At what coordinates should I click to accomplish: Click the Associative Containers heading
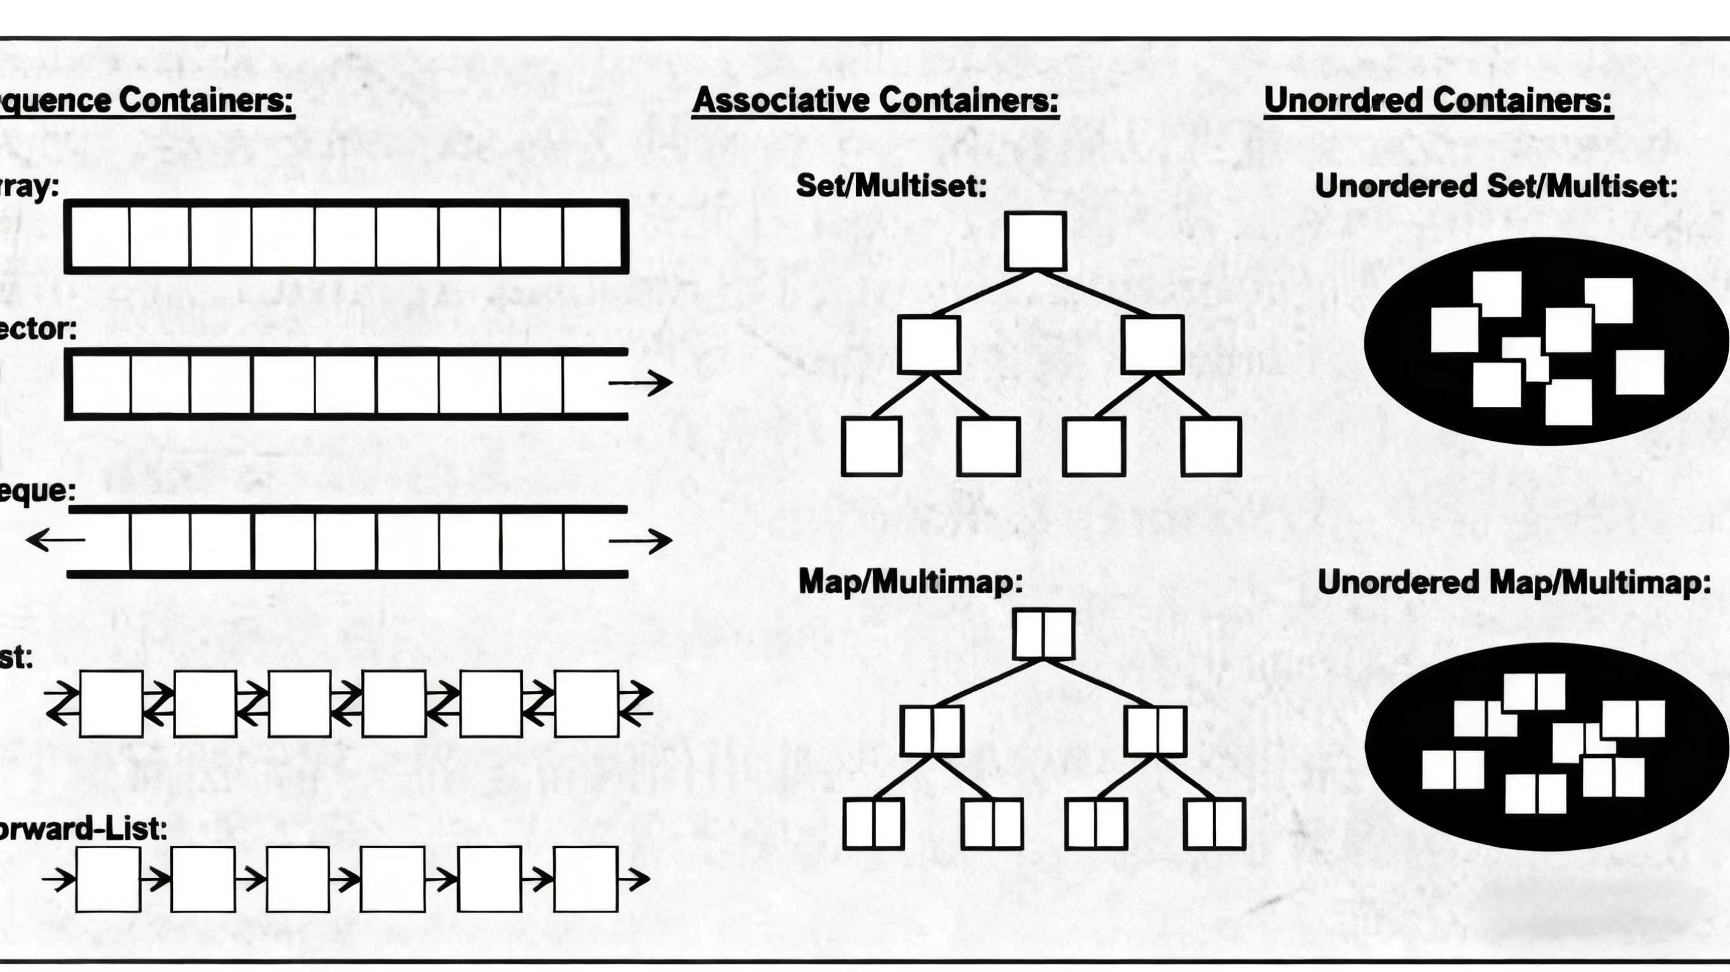tap(875, 101)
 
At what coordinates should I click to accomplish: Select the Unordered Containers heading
tap(1438, 101)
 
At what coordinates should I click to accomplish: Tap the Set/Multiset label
tap(891, 186)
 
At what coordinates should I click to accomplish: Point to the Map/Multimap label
tap(911, 581)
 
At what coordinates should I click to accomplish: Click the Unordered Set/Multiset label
tap(1496, 186)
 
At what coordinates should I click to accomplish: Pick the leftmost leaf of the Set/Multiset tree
tap(871, 446)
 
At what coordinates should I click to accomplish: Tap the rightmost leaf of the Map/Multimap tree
tap(1215, 824)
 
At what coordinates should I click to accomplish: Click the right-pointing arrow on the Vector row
tap(641, 382)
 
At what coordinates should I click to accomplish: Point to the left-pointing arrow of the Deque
tap(55, 539)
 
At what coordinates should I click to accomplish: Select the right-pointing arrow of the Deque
tap(641, 540)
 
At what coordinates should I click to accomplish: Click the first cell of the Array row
tap(100, 236)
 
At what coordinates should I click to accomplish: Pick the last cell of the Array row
tap(592, 236)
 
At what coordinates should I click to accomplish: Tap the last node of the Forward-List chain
tap(586, 879)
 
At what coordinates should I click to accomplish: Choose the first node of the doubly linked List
tap(111, 704)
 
